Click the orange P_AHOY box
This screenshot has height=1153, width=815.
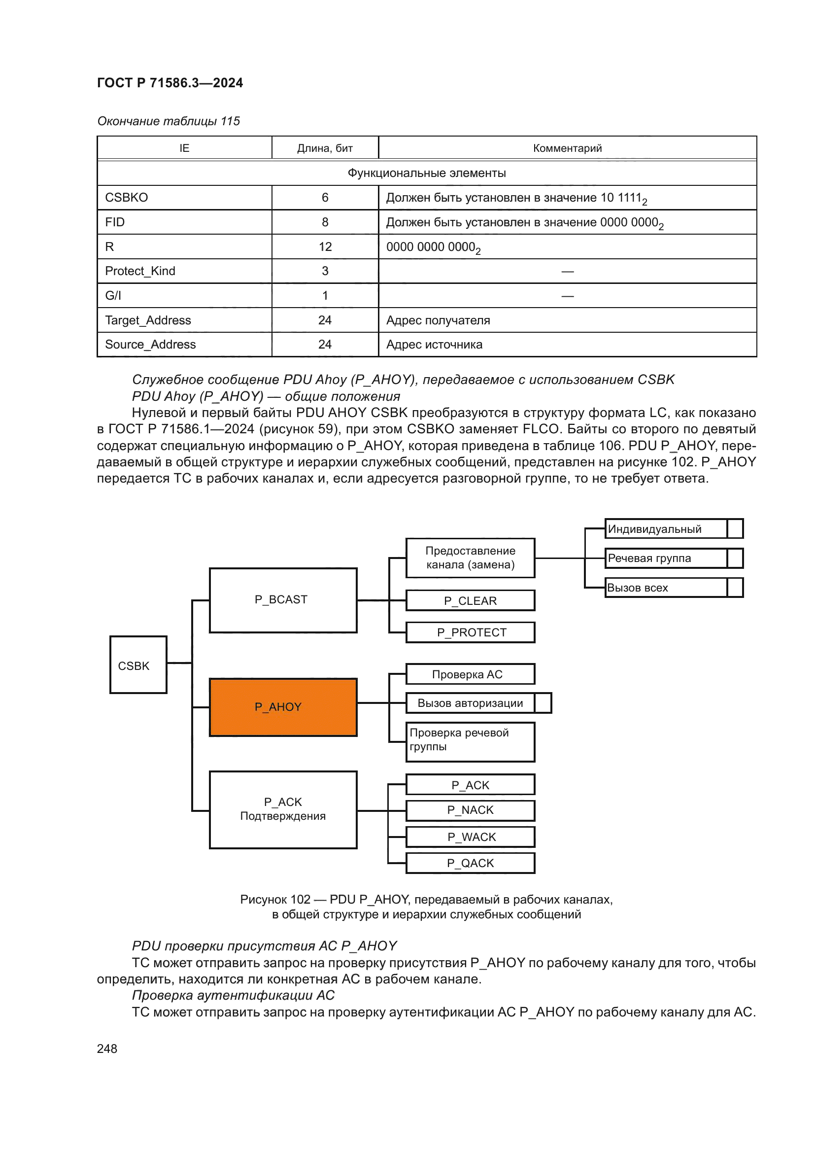[283, 707]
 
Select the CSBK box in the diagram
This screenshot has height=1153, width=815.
[138, 665]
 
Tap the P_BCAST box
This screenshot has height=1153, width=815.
[283, 600]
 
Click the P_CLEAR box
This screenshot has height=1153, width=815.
[470, 600]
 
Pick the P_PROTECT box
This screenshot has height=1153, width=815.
[470, 632]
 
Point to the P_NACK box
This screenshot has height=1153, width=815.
[470, 810]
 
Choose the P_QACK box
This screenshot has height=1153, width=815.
[470, 863]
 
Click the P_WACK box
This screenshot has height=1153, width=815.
[470, 837]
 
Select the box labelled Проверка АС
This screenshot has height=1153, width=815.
[470, 674]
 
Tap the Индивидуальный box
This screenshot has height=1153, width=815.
[665, 529]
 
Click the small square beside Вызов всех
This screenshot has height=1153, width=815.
[735, 588]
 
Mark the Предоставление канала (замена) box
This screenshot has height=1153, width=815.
[470, 558]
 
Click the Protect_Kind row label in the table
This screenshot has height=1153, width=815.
[140, 271]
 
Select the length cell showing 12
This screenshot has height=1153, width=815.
[325, 246]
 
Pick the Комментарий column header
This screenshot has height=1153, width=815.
[567, 148]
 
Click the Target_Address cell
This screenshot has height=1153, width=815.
[148, 320]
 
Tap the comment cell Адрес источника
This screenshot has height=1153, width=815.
[434, 345]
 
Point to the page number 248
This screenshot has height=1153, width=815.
[107, 1049]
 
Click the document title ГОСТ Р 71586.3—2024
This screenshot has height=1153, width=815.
[170, 83]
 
